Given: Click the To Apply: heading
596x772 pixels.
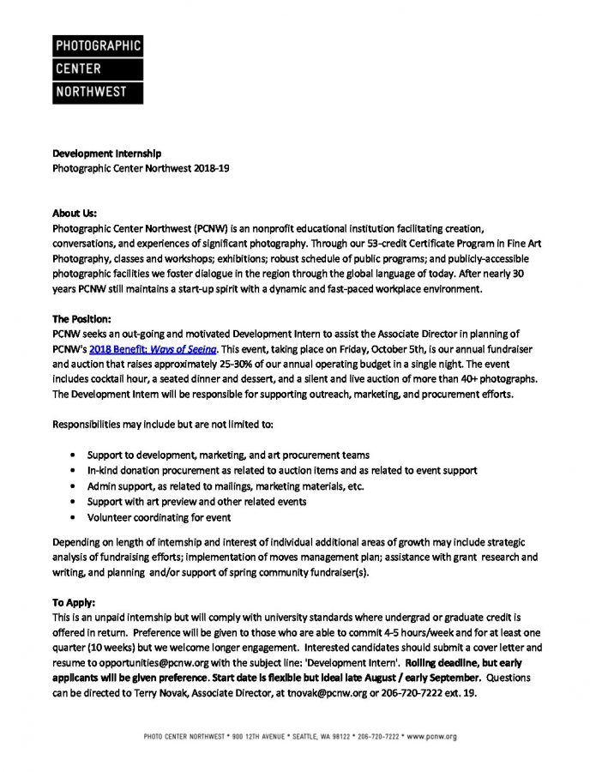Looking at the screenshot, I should (x=75, y=603).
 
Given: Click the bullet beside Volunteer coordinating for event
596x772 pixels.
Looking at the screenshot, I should (x=78, y=517).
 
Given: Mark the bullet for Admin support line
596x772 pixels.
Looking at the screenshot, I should (x=78, y=486).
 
